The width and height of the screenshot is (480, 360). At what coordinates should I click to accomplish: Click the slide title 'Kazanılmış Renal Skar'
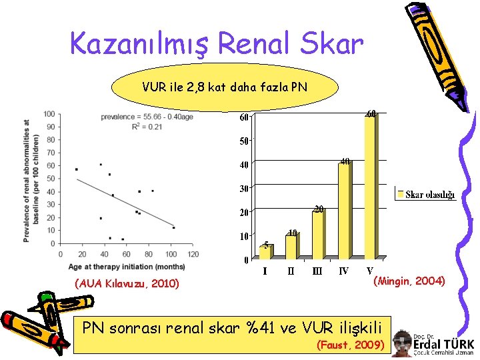coord(217,45)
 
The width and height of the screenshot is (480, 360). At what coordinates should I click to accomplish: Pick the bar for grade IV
coord(343,211)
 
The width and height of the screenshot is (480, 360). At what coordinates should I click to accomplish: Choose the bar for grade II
coord(291,246)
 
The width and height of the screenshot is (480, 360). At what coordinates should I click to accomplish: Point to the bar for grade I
coord(265,251)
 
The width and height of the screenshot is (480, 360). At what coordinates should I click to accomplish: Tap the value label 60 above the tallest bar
coord(371,113)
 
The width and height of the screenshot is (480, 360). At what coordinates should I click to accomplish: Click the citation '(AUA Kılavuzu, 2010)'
coord(127,283)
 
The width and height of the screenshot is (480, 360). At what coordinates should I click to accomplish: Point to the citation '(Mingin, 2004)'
coord(409,281)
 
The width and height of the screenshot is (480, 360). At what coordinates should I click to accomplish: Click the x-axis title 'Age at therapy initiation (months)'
coord(126,267)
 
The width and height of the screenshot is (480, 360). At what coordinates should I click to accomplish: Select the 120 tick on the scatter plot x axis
coord(193,253)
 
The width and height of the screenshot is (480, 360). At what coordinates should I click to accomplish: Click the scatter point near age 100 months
coord(174,227)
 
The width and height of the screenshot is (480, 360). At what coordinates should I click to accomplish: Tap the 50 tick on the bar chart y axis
coord(245,141)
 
